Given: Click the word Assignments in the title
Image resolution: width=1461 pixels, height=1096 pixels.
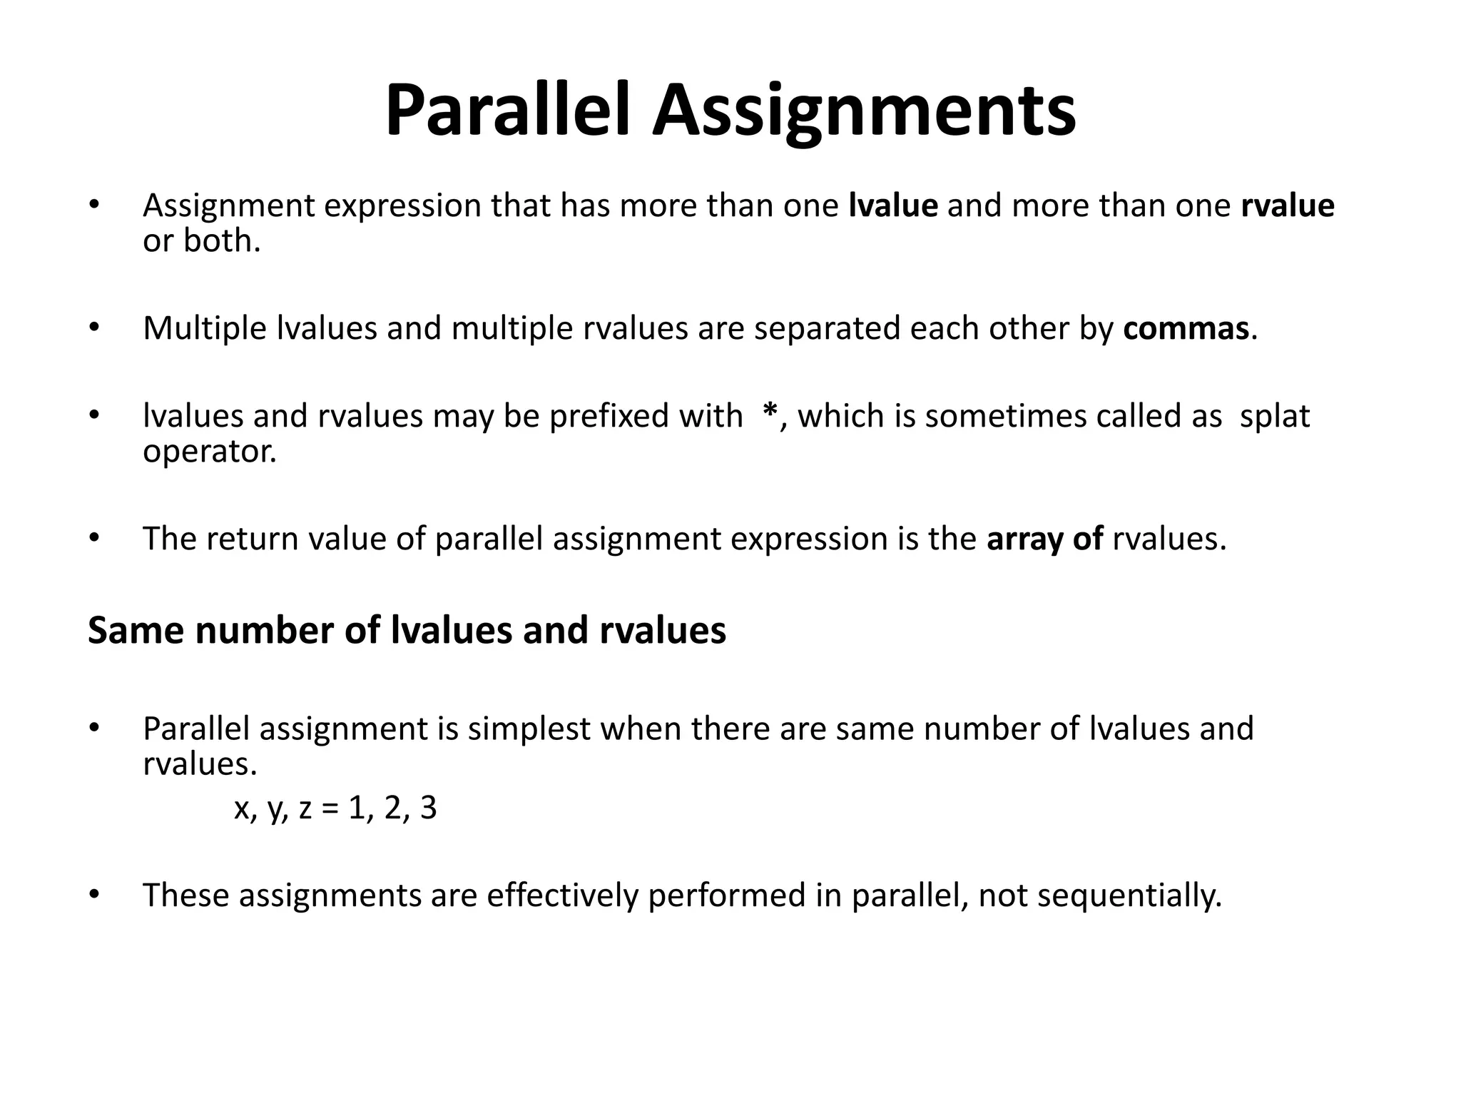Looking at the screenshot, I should (x=864, y=111).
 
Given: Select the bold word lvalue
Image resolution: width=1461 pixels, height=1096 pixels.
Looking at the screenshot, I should (x=893, y=205).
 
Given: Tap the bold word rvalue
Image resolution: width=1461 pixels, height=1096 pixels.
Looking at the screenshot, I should (x=1288, y=205).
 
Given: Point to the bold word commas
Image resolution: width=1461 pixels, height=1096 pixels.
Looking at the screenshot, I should (x=1186, y=328).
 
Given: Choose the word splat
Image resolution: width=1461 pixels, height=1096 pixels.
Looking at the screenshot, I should (x=1275, y=416).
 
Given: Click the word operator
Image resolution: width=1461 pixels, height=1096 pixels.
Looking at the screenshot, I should (x=209, y=452).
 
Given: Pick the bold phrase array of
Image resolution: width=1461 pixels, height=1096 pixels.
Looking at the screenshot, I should (x=1045, y=539).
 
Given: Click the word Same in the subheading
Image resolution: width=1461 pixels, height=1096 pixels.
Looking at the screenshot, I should (x=136, y=631).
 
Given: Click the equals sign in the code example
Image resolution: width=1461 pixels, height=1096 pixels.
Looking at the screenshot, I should (x=330, y=808).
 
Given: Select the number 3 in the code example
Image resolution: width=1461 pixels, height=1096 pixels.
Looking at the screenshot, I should (x=428, y=808).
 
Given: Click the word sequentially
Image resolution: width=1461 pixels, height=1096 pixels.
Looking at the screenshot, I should (x=1129, y=895).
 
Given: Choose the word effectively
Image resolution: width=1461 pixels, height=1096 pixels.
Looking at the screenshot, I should (x=562, y=895).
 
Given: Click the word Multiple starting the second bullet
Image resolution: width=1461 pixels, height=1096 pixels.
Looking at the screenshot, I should (x=204, y=328).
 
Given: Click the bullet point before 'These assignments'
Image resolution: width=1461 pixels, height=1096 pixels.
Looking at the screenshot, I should (x=94, y=894).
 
